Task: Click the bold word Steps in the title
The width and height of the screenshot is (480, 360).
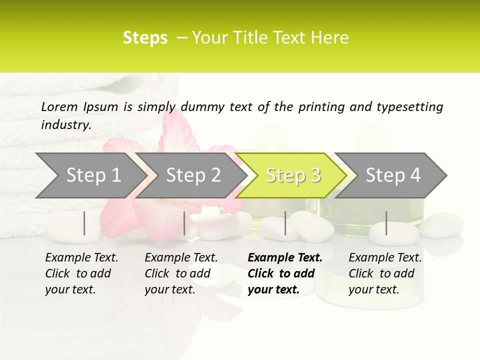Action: tap(145, 38)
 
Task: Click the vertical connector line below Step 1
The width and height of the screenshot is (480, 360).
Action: tap(84, 223)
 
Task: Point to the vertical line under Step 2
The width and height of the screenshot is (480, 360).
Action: tap(184, 223)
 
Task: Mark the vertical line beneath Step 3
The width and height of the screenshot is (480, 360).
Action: tap(285, 223)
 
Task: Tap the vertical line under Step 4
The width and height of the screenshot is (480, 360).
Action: tap(386, 223)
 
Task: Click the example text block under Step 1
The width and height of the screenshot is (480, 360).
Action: tap(81, 273)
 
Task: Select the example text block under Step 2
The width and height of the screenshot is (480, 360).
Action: tap(181, 273)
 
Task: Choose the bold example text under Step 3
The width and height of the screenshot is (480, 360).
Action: tap(284, 273)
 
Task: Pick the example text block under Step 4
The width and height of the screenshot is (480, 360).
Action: tap(385, 273)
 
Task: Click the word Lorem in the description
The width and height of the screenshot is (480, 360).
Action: tap(59, 106)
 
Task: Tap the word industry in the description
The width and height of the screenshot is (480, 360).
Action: tap(65, 125)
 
